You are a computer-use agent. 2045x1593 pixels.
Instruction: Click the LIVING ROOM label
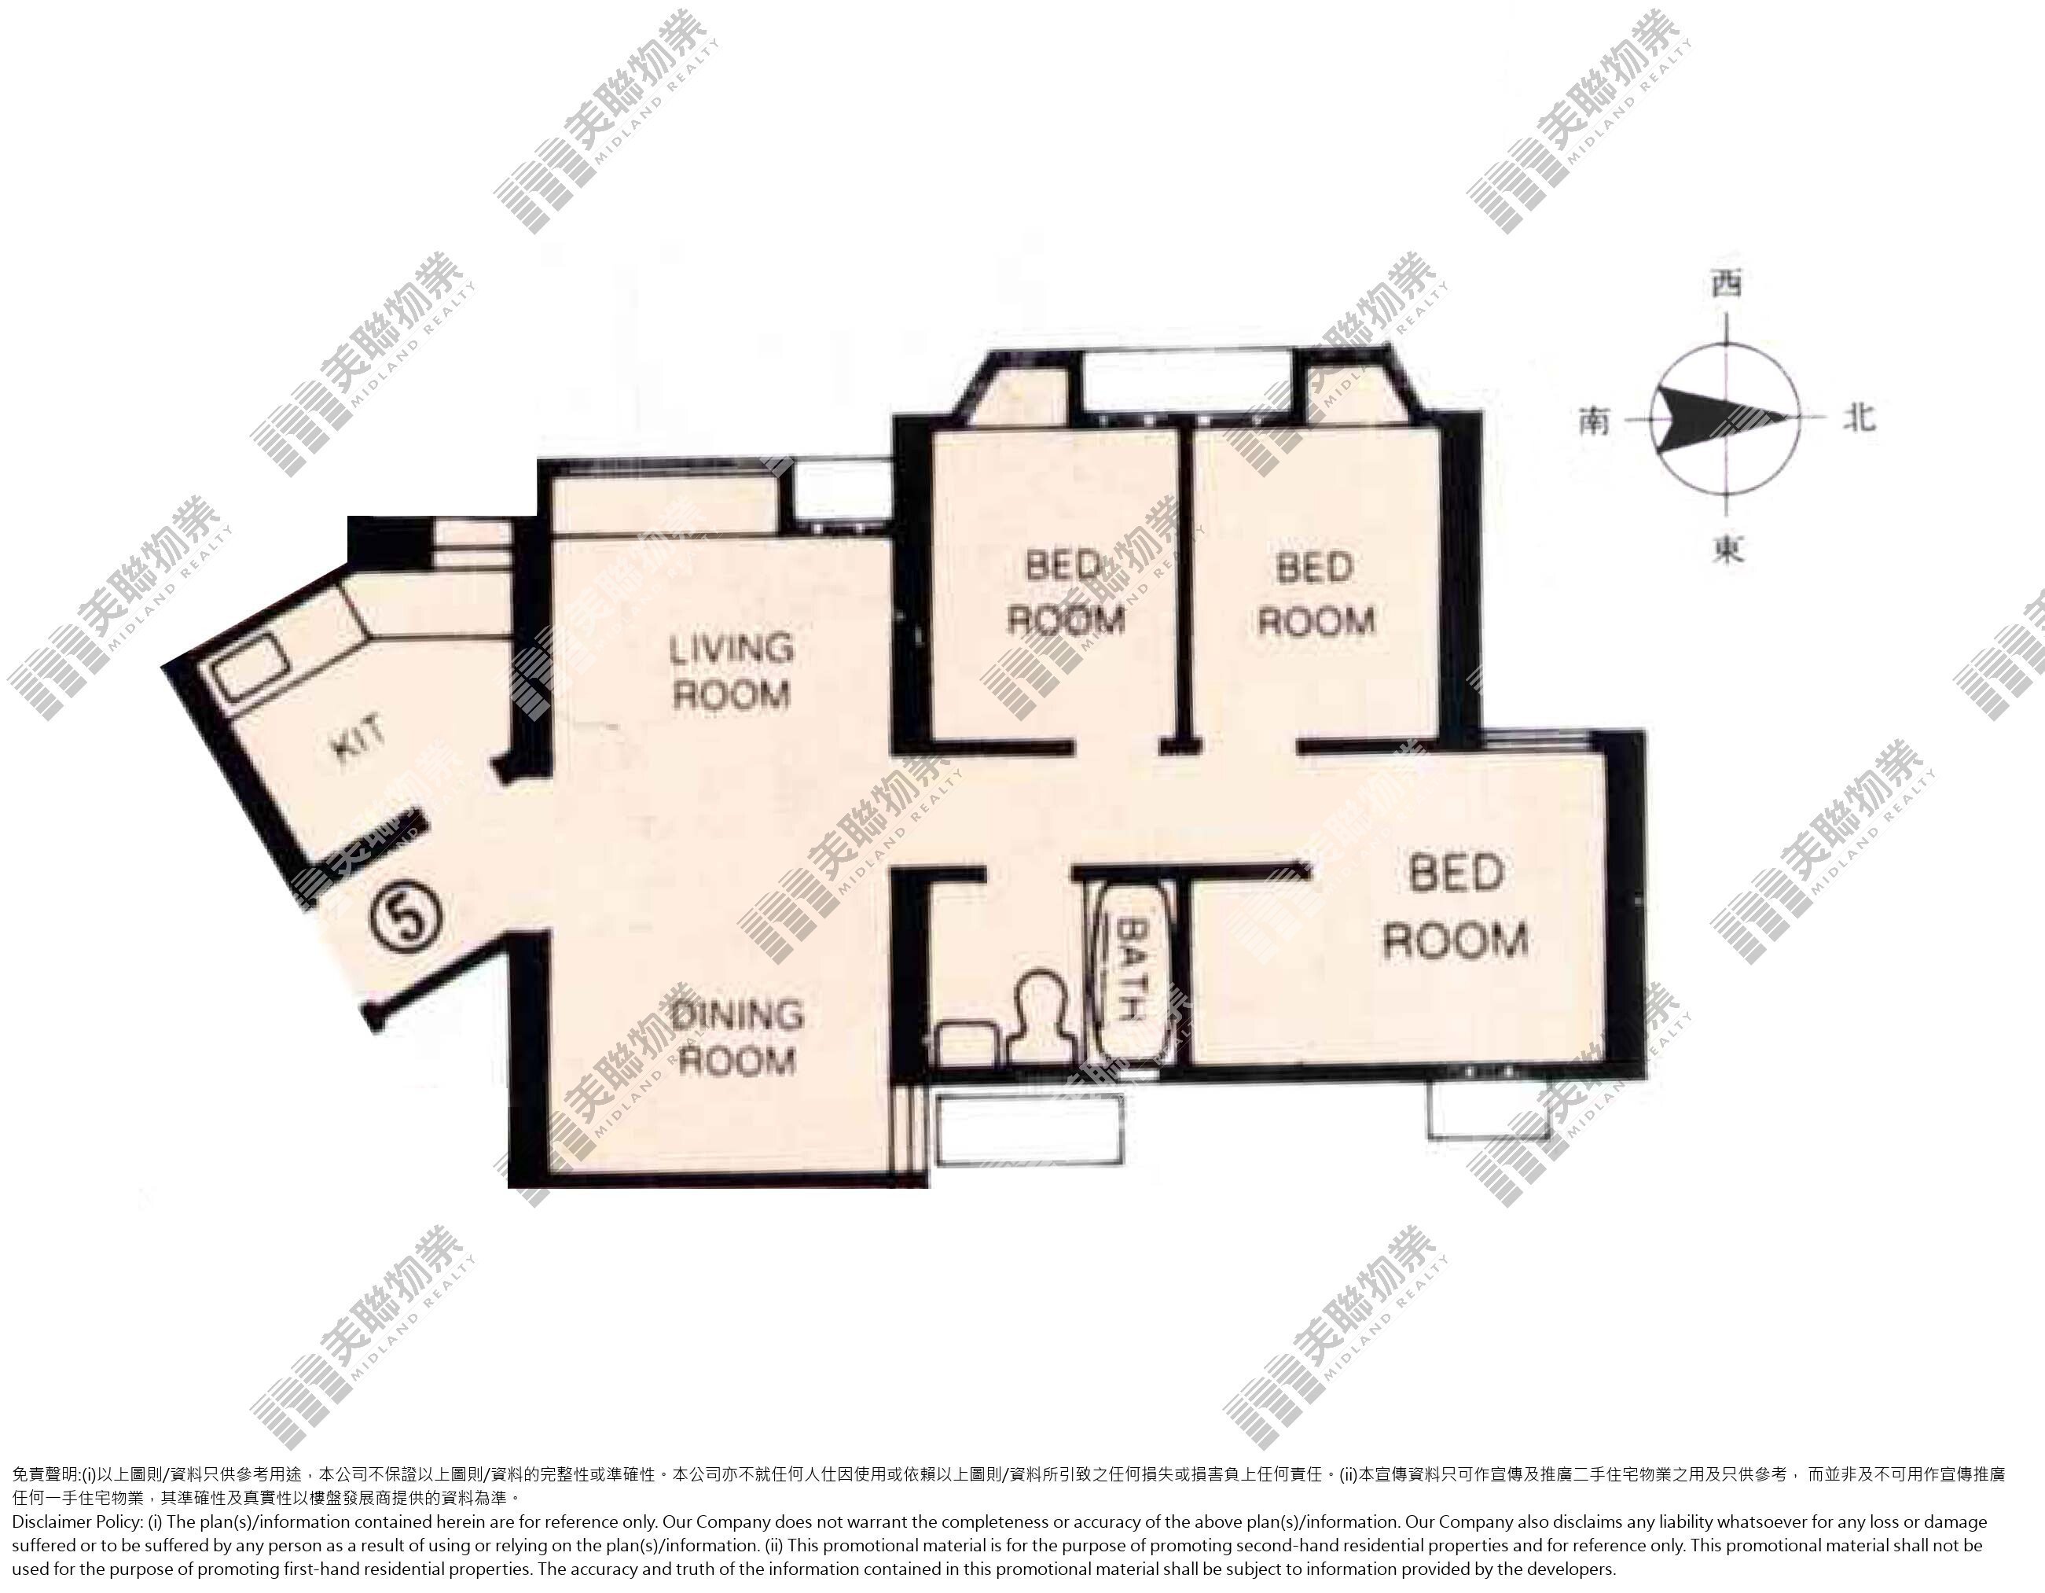pyautogui.click(x=732, y=671)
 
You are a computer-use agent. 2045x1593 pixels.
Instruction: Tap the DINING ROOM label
pyautogui.click(x=737, y=1037)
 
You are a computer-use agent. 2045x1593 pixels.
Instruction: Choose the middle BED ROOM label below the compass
pyautogui.click(x=1315, y=594)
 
